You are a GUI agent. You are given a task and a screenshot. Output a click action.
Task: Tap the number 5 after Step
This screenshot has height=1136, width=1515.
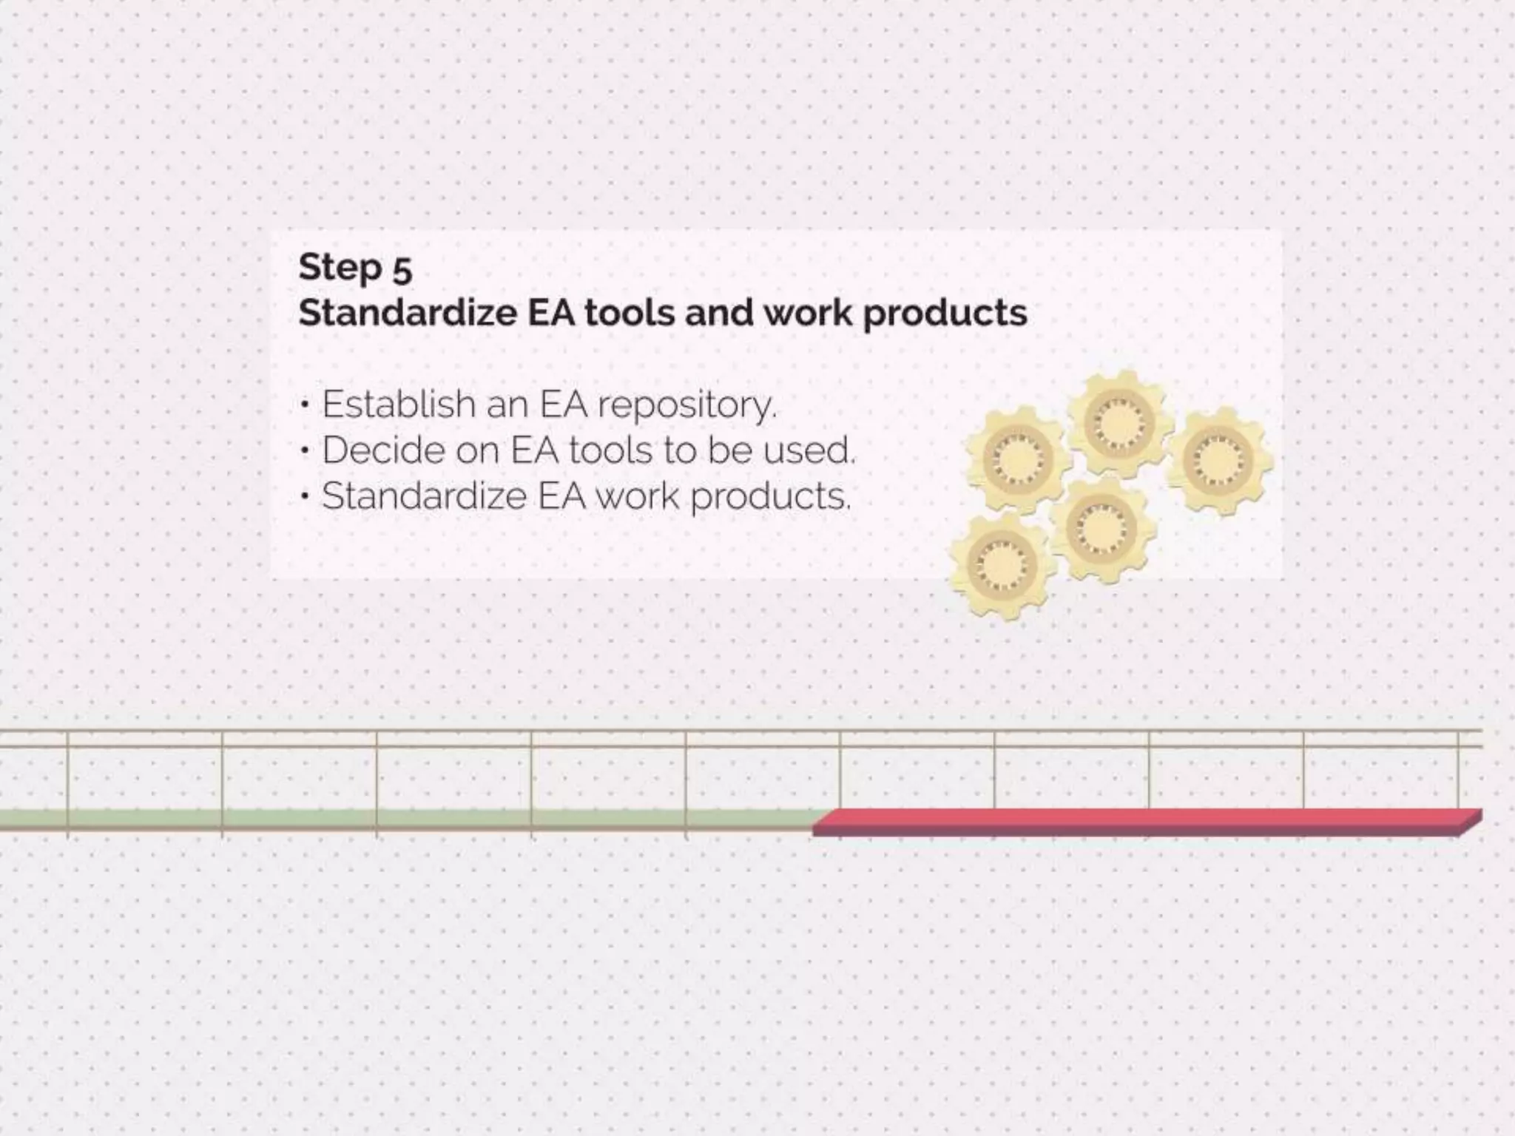(402, 270)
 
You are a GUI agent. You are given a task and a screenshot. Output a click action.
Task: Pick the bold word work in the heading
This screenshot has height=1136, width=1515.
(808, 313)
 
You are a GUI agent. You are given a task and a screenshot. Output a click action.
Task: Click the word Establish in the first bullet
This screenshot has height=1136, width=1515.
(398, 405)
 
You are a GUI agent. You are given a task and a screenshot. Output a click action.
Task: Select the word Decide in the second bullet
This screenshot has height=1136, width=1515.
(383, 450)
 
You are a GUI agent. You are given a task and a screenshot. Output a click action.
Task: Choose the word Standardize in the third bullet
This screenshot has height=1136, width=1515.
(423, 496)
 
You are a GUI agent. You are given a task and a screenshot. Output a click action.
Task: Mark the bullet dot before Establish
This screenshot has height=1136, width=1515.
(305, 405)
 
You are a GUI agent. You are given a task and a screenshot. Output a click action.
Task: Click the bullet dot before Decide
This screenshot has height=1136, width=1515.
(305, 451)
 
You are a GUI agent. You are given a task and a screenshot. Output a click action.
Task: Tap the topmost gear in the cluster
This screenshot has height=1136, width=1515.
(1119, 422)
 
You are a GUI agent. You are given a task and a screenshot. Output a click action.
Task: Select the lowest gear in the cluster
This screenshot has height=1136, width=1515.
(1001, 566)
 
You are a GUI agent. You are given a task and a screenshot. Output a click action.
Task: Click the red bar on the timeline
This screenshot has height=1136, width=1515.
(1147, 821)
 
